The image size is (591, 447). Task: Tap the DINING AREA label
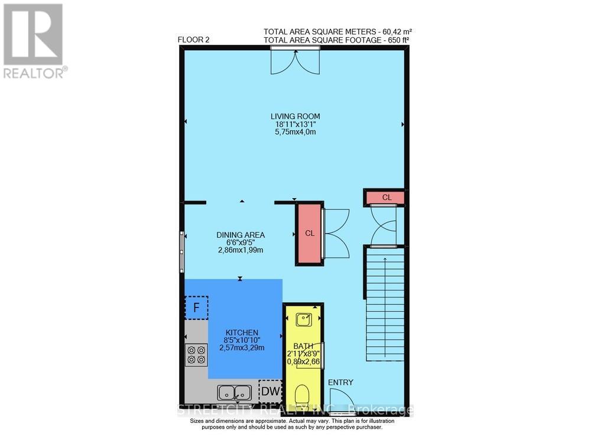(x=240, y=235)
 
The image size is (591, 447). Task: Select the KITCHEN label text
(x=241, y=332)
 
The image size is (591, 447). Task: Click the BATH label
(x=302, y=346)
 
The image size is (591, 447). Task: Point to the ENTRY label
(x=340, y=383)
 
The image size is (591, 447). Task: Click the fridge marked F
(x=196, y=307)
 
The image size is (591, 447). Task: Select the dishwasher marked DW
(x=271, y=391)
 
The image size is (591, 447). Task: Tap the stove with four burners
(x=196, y=354)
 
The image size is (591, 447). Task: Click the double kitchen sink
(x=235, y=392)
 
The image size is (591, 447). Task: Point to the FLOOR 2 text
(x=194, y=40)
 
